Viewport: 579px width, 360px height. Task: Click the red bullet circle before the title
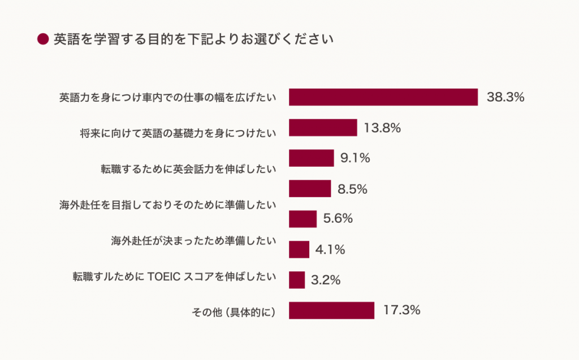[x=43, y=39]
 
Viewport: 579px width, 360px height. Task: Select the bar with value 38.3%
[x=383, y=97]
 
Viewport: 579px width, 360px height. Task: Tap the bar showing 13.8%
[x=323, y=128]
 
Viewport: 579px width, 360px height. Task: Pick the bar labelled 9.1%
[x=312, y=158]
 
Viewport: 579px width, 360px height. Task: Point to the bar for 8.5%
[x=310, y=189]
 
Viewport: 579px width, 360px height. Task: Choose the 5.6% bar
[x=303, y=219]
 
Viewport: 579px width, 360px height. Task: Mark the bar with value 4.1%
[x=299, y=249]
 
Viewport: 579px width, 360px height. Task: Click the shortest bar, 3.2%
[x=297, y=280]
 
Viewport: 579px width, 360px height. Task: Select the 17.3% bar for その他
[x=331, y=310]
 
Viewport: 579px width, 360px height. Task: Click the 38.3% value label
[x=505, y=97]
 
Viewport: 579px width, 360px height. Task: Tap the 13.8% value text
[x=382, y=128]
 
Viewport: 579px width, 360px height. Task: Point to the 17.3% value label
[x=401, y=310]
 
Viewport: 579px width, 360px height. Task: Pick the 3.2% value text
[x=326, y=280]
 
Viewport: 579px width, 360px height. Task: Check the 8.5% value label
[x=353, y=189]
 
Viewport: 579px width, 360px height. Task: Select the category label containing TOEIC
[x=174, y=277]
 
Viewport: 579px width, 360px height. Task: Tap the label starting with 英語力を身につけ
[x=168, y=98]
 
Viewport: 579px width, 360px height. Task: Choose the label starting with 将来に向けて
[x=178, y=133]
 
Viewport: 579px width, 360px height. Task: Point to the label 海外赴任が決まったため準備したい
[x=193, y=241]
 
